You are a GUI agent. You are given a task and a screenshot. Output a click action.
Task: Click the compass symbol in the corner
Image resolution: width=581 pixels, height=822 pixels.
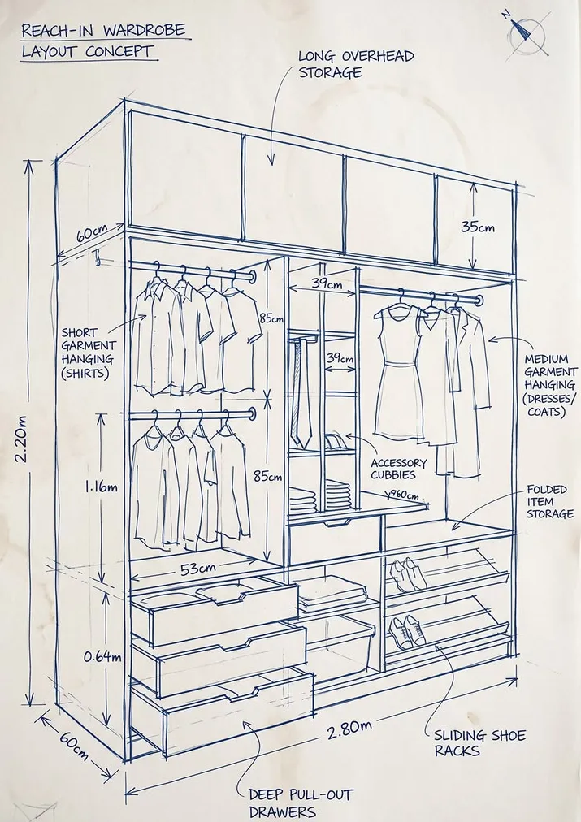[x=527, y=36]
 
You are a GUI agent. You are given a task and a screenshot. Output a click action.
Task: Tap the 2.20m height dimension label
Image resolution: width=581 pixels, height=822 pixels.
[x=22, y=439]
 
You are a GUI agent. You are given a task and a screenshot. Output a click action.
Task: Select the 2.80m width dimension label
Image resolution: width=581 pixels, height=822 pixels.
[x=349, y=729]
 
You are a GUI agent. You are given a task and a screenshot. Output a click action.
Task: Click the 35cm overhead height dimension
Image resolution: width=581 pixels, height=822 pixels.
[x=478, y=227]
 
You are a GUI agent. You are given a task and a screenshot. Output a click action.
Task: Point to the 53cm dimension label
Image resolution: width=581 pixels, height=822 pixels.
[x=198, y=569]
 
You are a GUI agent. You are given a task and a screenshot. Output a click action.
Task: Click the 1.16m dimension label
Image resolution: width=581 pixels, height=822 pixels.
[x=102, y=487]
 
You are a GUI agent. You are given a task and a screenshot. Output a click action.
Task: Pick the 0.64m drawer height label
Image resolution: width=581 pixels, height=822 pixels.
[x=102, y=656]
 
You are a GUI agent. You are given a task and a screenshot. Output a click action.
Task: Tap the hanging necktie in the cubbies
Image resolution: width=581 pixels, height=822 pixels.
[x=301, y=393]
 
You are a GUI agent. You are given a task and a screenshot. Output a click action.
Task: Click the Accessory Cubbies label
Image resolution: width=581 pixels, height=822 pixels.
[x=398, y=469]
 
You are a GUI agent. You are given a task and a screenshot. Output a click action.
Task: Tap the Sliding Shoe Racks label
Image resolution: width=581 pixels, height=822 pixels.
[x=479, y=743]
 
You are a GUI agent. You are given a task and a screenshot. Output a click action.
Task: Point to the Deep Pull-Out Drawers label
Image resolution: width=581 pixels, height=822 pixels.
[x=301, y=803]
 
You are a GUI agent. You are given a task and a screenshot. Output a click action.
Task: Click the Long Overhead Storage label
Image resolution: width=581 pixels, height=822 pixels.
[x=356, y=64]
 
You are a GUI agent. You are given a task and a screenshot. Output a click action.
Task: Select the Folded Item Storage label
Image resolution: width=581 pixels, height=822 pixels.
[x=549, y=502]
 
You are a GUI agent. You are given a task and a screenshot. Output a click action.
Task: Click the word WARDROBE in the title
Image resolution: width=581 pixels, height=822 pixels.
[x=144, y=30]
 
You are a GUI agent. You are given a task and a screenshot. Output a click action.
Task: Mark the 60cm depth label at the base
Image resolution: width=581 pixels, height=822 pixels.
[x=74, y=746]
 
